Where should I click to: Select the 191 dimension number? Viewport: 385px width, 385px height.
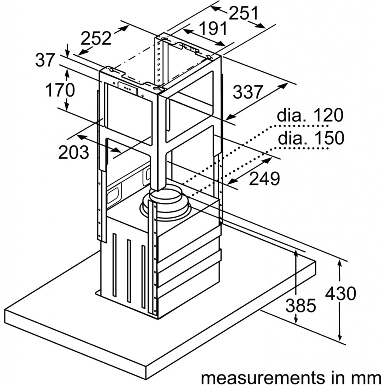coord(213,29)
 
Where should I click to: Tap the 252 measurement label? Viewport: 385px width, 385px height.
coord(97,38)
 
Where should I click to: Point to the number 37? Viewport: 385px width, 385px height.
coord(45,60)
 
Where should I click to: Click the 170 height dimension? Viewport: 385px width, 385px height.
coord(60,90)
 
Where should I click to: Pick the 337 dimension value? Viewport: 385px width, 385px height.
coord(247,92)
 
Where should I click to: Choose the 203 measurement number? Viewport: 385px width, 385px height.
coord(74,152)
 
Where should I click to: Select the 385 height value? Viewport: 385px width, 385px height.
coord(300,306)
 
